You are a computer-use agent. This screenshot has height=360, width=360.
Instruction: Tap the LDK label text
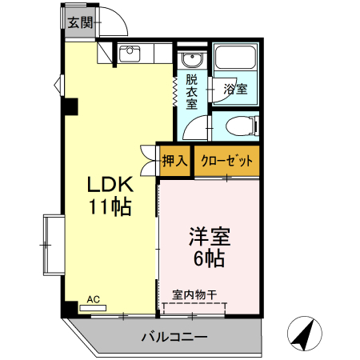[x=110, y=185]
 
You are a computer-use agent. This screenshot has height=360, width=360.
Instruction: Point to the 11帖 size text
[x=110, y=208]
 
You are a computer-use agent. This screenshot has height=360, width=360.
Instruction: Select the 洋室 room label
[x=210, y=238]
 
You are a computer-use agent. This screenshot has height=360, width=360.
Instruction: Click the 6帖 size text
[x=210, y=258]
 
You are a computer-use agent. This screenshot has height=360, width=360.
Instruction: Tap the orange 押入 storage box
[x=174, y=160]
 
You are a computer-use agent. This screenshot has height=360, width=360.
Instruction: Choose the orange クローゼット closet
[x=227, y=160]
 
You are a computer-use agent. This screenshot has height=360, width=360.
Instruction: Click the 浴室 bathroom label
[x=234, y=89]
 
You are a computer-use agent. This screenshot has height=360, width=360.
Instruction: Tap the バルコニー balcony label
[x=174, y=337]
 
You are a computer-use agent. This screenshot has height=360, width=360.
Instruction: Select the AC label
[x=93, y=299]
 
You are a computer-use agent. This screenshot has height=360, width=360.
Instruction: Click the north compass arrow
[x=302, y=334]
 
